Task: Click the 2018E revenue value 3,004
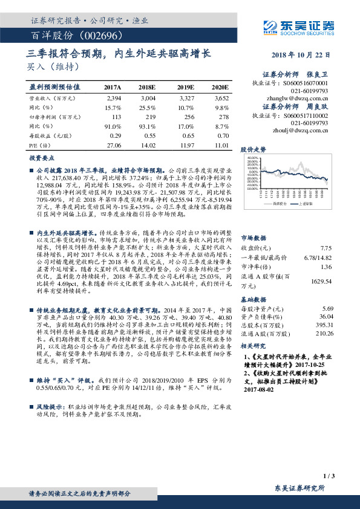[148, 97]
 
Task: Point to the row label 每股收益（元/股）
[50, 136]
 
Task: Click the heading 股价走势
[254, 148]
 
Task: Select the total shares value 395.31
[324, 325]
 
